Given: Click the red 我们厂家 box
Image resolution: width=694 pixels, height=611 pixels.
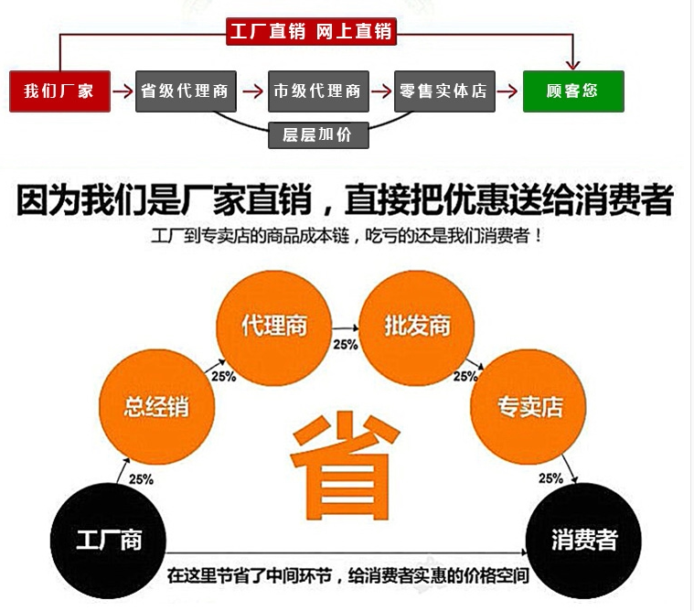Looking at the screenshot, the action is [x=59, y=91].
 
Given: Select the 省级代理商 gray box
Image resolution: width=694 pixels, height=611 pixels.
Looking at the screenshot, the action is [x=187, y=91].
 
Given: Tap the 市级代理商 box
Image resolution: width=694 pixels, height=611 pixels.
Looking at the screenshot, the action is [x=317, y=91].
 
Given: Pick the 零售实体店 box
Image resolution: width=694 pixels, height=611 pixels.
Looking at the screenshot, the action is [x=443, y=91].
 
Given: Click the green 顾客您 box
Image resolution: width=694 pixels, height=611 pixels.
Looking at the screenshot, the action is [x=572, y=91].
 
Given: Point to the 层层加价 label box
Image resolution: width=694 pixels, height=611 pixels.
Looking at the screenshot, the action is [x=316, y=135].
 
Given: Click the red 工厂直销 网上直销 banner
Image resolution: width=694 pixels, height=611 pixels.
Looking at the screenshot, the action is [x=310, y=32].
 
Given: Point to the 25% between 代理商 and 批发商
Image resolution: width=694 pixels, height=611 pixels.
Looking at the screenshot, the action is [x=345, y=345].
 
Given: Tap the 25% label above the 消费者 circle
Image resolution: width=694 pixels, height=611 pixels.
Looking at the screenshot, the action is [x=550, y=478].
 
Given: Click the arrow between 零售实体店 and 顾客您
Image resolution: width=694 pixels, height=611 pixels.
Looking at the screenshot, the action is [x=507, y=91].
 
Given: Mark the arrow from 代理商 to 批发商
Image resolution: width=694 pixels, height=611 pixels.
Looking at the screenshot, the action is [x=345, y=327].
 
